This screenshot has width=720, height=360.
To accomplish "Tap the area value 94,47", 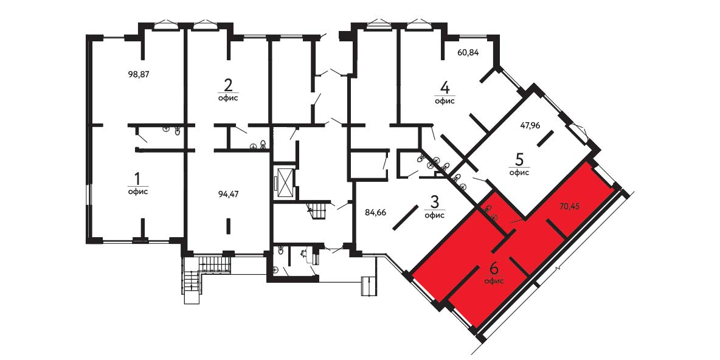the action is [229, 194].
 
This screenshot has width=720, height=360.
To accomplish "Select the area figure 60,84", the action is [468, 52].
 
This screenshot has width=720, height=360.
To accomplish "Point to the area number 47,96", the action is [530, 124].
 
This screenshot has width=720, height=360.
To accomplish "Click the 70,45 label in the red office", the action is [569, 206].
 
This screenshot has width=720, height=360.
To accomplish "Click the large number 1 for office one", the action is [137, 177].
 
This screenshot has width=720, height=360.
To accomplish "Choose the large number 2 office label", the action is [228, 85].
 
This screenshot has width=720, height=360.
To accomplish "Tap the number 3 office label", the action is [434, 201].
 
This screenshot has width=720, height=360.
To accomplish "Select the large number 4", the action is [445, 87].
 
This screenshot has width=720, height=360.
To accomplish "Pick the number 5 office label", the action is [519, 160].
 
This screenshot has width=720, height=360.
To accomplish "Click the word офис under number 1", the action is [138, 192].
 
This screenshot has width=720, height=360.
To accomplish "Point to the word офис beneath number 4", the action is [445, 101].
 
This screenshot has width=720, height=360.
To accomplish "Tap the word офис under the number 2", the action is [228, 99].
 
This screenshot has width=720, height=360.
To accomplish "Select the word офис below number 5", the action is [519, 173].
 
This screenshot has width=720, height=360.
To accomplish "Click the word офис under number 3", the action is [434, 215].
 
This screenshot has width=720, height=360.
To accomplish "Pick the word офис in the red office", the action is [494, 281].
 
